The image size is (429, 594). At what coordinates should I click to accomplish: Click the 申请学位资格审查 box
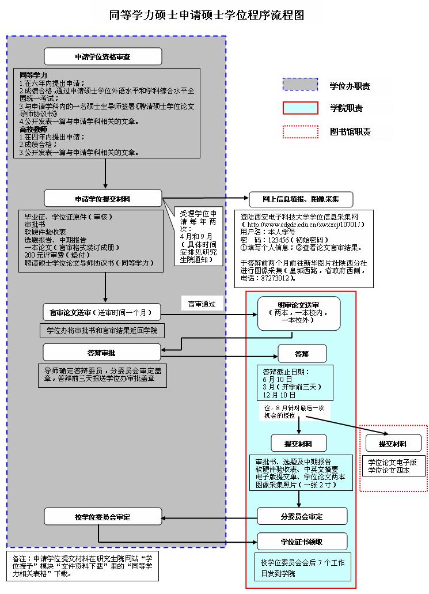(103, 56)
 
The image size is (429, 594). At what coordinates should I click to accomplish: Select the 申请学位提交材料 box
(103, 199)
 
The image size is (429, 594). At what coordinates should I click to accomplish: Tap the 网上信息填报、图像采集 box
(301, 199)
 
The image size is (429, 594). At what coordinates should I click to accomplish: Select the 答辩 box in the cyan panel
(302, 353)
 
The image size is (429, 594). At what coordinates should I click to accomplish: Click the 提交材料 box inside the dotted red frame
(393, 444)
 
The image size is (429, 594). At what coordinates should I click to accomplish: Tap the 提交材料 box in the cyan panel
(298, 443)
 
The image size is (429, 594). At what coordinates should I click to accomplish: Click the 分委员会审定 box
(302, 516)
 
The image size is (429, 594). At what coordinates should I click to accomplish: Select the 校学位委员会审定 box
(103, 517)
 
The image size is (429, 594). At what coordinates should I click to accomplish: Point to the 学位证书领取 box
(302, 542)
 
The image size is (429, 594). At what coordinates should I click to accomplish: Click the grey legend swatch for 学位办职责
(300, 85)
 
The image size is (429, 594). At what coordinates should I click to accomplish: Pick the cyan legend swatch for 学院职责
(300, 108)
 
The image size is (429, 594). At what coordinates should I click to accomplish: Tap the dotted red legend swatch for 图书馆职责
(300, 131)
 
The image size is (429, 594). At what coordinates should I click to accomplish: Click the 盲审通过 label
(202, 304)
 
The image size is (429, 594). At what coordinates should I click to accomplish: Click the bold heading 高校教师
(33, 130)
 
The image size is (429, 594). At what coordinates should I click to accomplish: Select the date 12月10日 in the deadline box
(279, 395)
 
